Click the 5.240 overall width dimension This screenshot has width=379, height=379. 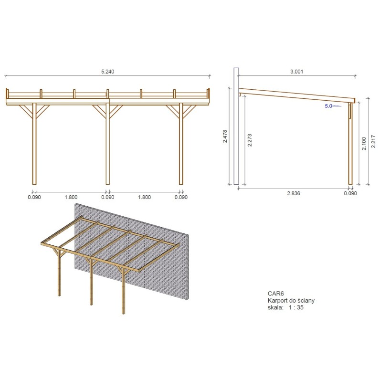pos(107,72)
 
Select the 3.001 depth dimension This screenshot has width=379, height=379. pos(296,72)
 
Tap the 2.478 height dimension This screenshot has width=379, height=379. pos(225,136)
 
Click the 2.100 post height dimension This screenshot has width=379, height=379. pos(364,143)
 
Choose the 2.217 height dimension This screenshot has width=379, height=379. pos(373,141)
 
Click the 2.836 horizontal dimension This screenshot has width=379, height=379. pos(293,193)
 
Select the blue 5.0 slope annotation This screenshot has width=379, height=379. pos(328,106)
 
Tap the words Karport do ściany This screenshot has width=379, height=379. pos(290,301)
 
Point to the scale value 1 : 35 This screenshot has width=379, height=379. pos(295,307)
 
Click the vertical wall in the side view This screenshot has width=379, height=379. pos(236,126)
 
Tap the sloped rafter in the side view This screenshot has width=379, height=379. pos(296,95)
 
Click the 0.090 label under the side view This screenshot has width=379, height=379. pos(350,193)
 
